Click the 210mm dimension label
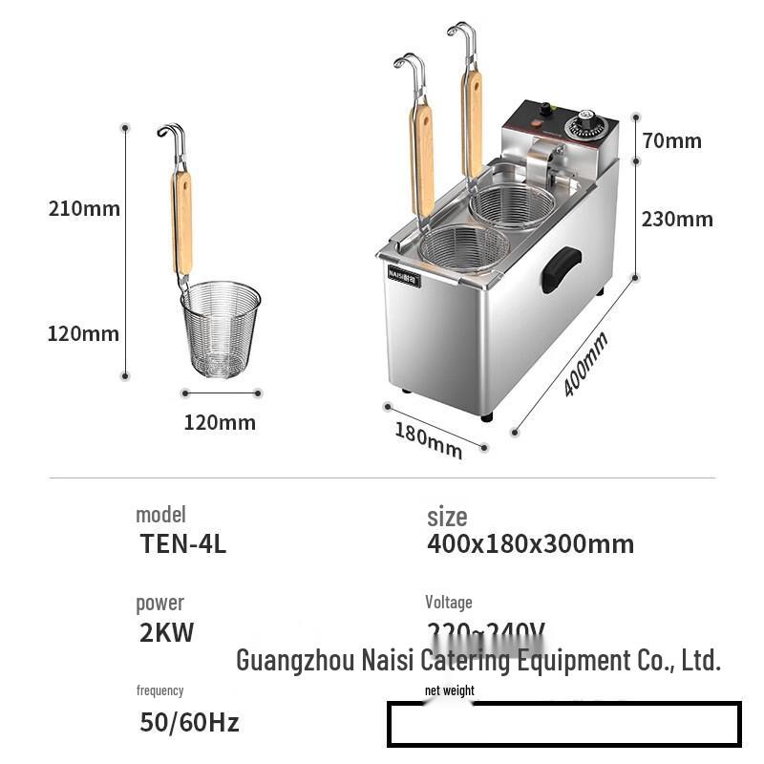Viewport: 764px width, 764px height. pyautogui.click(x=85, y=208)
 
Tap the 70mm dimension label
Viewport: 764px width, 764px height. pyautogui.click(x=671, y=140)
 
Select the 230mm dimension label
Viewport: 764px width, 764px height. pyautogui.click(x=676, y=219)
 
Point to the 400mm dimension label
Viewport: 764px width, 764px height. pyautogui.click(x=584, y=364)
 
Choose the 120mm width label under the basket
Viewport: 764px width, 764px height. pyautogui.click(x=220, y=421)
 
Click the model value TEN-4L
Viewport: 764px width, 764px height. pyautogui.click(x=183, y=543)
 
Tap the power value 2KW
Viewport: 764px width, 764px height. pyautogui.click(x=166, y=631)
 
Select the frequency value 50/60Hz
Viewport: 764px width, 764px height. pyautogui.click(x=189, y=722)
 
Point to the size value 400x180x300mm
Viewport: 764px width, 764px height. pyautogui.click(x=530, y=543)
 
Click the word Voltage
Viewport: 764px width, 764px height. pyautogui.click(x=449, y=602)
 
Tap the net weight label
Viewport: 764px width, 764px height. pyautogui.click(x=450, y=690)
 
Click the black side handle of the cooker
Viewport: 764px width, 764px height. pyautogui.click(x=561, y=269)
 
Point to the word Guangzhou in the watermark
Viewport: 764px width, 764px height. pyautogui.click(x=294, y=659)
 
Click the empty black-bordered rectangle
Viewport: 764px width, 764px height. pyautogui.click(x=563, y=724)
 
